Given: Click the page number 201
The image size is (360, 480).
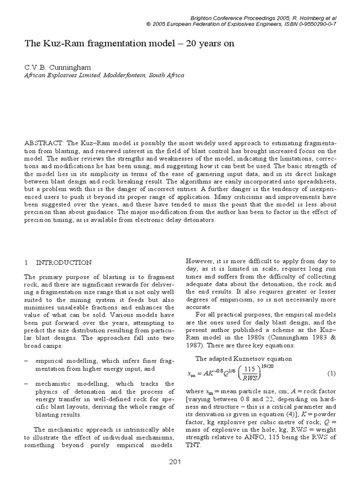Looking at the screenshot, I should (x=175, y=463).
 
